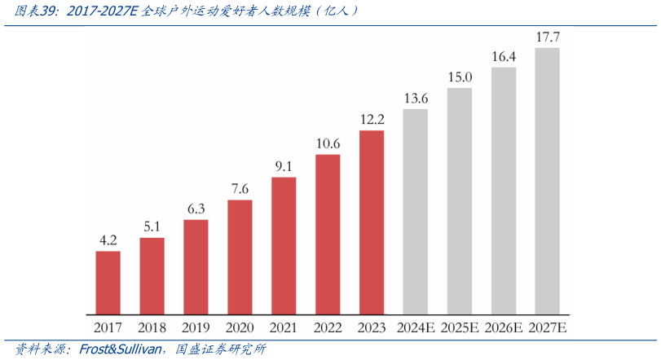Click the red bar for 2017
[108, 282]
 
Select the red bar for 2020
[240, 257]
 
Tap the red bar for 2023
[372, 222]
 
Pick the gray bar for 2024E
[416, 211]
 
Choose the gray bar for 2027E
[547, 181]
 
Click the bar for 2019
[196, 266]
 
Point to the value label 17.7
[547, 37]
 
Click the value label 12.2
[372, 120]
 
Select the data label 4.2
[108, 240]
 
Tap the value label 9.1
[284, 167]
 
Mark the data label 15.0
[460, 77]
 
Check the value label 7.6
[240, 189]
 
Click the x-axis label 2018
[152, 327]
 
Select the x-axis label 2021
[284, 327]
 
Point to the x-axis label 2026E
[503, 327]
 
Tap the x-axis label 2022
[328, 327]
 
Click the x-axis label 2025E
[460, 327]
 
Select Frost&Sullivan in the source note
[121, 349]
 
